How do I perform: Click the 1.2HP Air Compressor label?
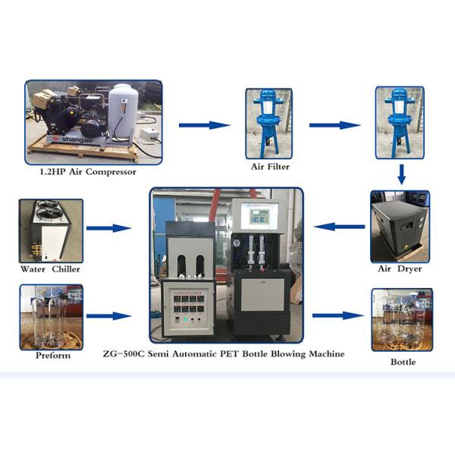88,172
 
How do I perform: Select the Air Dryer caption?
399,269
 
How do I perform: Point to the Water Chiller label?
51,269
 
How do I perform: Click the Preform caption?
53,355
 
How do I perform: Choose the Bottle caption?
403,362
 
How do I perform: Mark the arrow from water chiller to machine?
110,227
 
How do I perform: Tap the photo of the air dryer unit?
400,225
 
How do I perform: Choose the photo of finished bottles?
402,319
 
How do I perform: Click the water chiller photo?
51,227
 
